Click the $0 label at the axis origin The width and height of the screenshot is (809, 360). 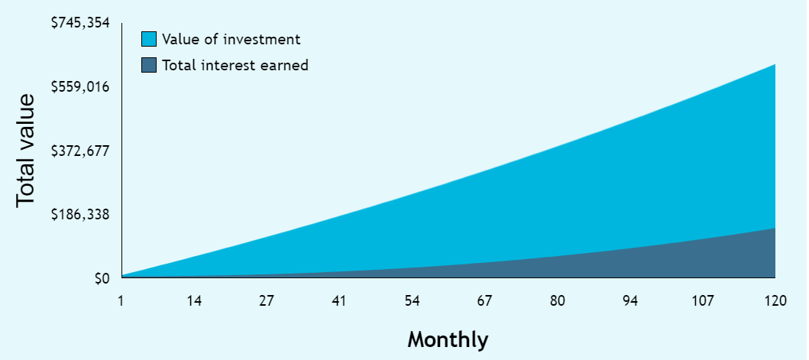click(x=102, y=279)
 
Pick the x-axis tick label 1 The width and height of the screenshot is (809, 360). click(x=121, y=301)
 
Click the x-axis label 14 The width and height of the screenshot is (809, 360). click(x=194, y=301)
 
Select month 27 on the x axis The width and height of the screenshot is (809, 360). click(x=267, y=301)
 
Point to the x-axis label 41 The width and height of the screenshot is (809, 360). click(x=339, y=301)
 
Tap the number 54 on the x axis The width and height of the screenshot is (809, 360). click(x=412, y=301)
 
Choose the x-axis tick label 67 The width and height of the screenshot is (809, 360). click(x=484, y=301)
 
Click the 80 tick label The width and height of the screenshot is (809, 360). click(x=557, y=301)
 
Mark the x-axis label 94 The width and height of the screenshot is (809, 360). click(x=630, y=301)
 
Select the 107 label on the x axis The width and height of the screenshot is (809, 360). click(x=703, y=301)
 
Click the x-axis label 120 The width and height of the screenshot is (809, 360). click(x=775, y=301)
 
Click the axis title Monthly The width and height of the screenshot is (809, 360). click(x=448, y=340)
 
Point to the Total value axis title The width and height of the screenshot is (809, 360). click(x=26, y=151)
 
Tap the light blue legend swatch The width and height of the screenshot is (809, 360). click(x=149, y=39)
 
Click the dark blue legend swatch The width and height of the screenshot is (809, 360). click(x=149, y=65)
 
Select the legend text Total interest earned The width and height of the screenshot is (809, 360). click(x=235, y=65)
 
